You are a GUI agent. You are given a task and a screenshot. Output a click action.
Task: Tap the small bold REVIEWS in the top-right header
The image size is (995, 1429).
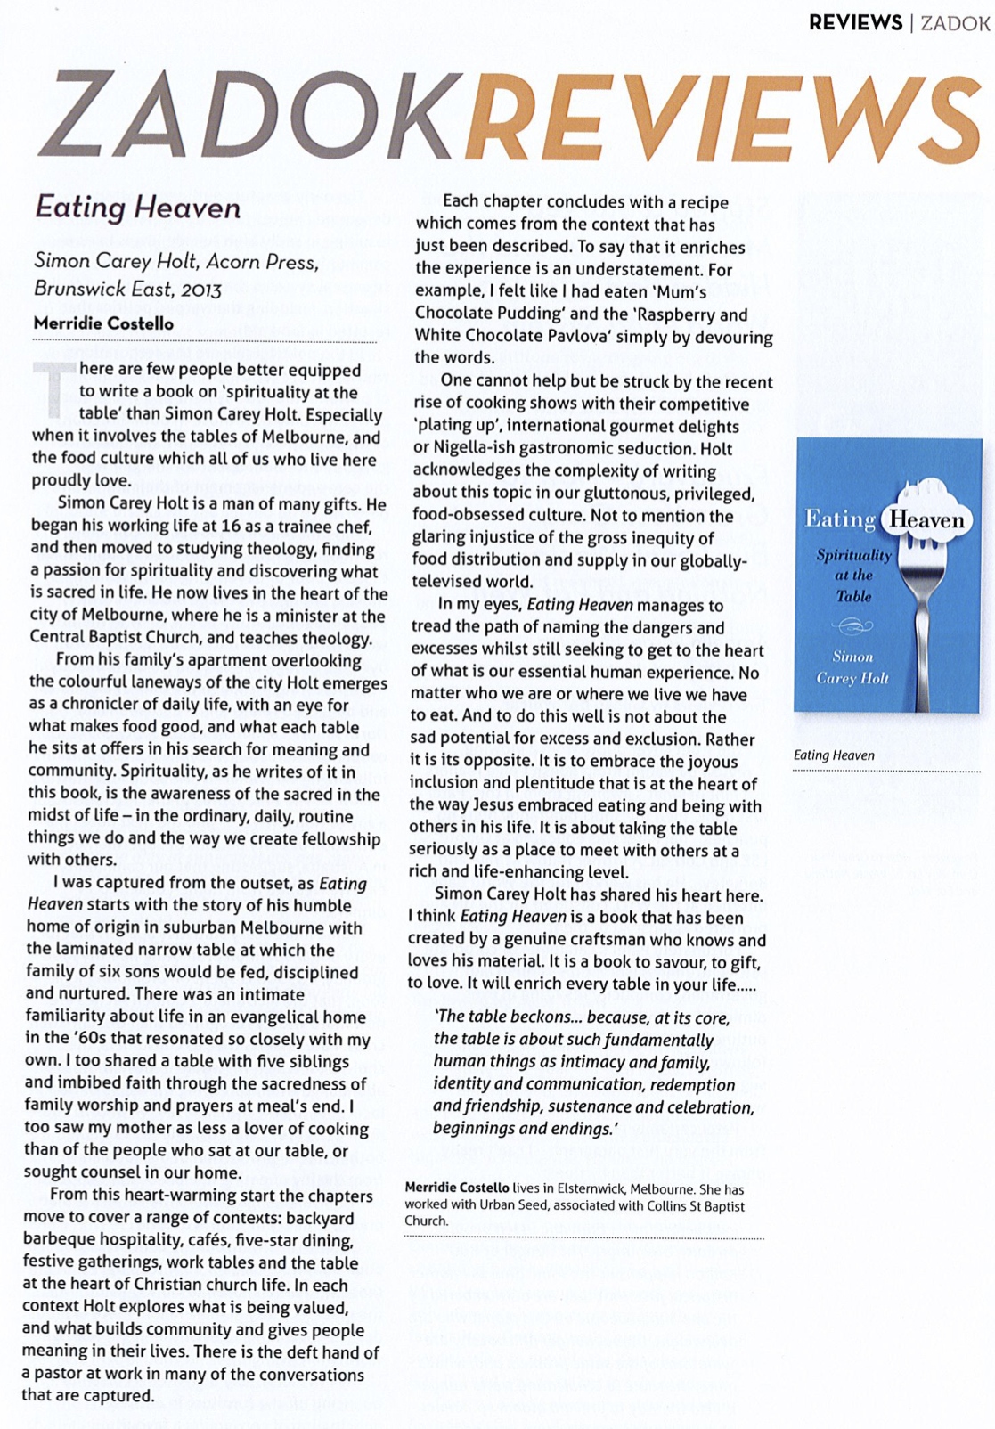click(855, 23)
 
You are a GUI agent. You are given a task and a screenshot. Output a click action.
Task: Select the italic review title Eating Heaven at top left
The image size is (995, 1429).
click(138, 208)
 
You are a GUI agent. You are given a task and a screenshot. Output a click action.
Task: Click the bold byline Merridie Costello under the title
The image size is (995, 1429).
click(103, 323)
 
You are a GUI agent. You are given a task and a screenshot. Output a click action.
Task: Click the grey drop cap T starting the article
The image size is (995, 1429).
click(52, 388)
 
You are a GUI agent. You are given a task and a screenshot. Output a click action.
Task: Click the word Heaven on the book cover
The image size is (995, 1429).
click(926, 520)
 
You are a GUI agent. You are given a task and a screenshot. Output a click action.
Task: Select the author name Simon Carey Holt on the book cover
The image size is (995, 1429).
click(852, 667)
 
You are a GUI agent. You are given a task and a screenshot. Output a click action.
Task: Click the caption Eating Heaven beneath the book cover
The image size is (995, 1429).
click(834, 755)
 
